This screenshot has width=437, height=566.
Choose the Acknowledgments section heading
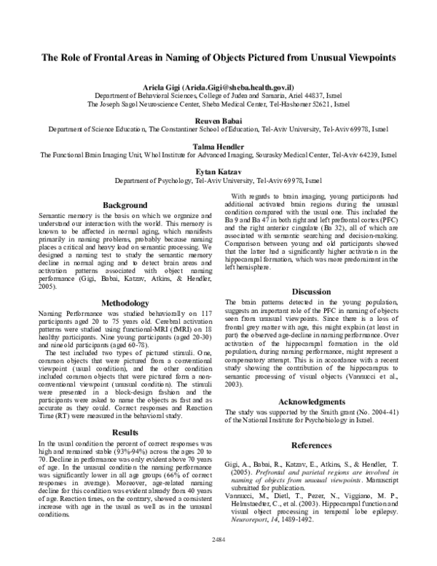(x=312, y=401)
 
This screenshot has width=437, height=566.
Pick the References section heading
(x=312, y=444)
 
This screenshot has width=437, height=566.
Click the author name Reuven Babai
(x=218, y=119)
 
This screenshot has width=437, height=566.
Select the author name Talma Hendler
(x=218, y=145)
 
